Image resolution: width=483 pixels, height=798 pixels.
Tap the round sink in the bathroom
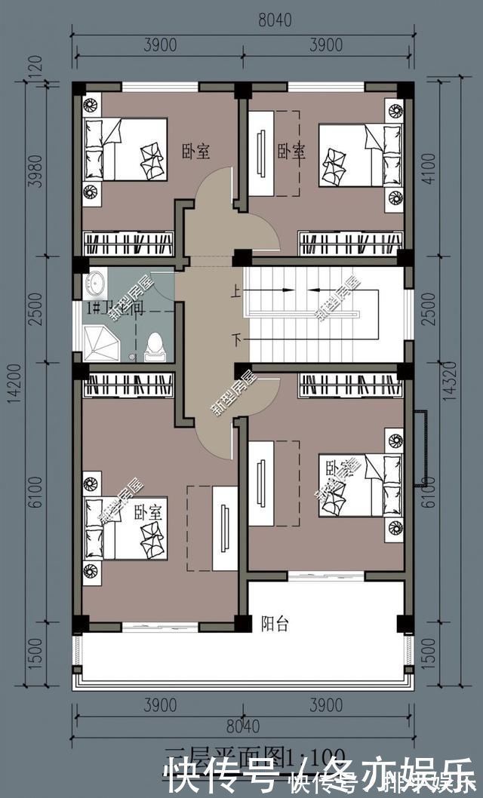click(x=96, y=284)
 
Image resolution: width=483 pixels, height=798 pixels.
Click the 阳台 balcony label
click(x=275, y=624)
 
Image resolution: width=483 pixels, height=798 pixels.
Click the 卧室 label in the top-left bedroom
click(x=195, y=152)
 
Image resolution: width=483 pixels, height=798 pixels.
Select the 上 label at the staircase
click(x=237, y=290)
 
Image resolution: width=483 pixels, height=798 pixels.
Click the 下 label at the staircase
click(x=237, y=340)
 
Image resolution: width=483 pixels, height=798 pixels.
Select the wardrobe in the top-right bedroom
click(x=351, y=243)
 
